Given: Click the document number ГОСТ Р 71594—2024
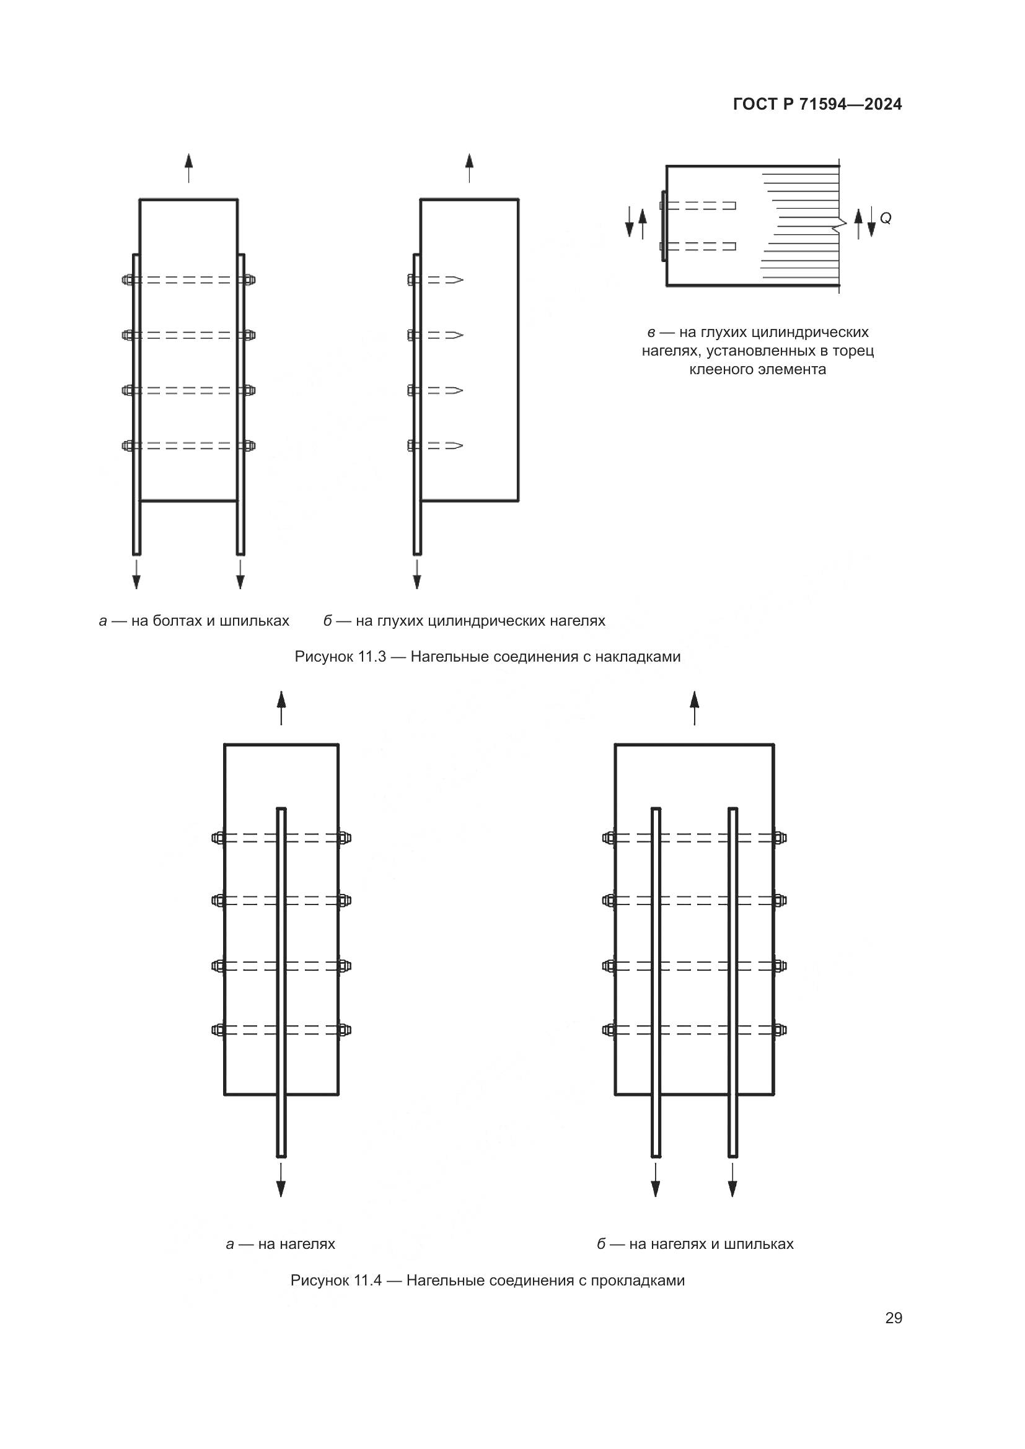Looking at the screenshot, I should pos(817,105).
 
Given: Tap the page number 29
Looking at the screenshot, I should pos(893,1318).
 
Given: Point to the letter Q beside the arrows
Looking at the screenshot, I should pos(886,218).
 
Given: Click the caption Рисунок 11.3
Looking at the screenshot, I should pos(487,656).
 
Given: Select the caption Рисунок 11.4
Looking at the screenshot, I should pos(487,1280).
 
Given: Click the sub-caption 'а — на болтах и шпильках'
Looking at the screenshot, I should pos(194,621).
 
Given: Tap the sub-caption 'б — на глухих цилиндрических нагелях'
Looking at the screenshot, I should pos(464,621).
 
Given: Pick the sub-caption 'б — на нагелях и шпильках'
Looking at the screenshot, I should pos(695,1244).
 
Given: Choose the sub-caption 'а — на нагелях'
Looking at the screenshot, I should pos(280,1244).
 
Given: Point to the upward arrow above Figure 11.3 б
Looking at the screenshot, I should pos(469,167).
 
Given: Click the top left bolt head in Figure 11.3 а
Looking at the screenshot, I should pos(127,280).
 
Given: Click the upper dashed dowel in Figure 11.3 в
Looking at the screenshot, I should pos(701,206).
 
